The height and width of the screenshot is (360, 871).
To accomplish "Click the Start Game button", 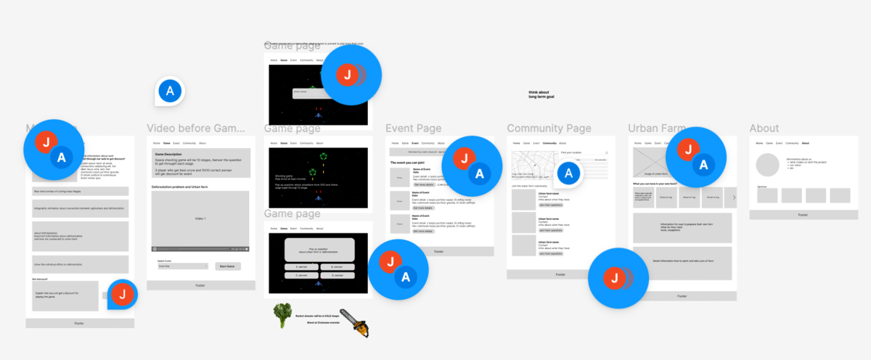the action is point(228,266).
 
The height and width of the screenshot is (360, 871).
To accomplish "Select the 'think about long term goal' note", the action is point(539,94).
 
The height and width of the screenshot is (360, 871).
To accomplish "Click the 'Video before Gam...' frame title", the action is point(197,128).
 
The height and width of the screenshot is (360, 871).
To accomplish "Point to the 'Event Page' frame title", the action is point(413,128).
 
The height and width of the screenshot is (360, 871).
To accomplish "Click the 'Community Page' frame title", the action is point(549,128).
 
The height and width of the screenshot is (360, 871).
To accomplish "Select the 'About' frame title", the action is point(764,128).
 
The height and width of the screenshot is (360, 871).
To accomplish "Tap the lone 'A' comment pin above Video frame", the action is point(171,91).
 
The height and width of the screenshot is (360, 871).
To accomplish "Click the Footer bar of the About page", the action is point(803,215).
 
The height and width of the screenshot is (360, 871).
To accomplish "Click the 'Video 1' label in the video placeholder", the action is point(200,218).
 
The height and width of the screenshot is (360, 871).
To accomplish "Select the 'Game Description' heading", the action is point(168,154).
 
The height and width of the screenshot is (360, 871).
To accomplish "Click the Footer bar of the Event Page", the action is point(438,251).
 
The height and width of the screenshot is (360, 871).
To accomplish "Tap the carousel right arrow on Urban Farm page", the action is point(734,197).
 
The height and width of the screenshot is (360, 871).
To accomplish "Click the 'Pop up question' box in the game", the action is point(319,250).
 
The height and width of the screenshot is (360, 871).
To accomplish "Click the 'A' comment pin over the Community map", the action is point(569,173).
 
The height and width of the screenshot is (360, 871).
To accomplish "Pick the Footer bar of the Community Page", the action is point(560,274).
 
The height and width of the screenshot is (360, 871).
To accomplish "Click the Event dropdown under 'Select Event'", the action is point(182,266).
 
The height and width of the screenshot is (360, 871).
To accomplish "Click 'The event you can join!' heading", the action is point(412,163).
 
